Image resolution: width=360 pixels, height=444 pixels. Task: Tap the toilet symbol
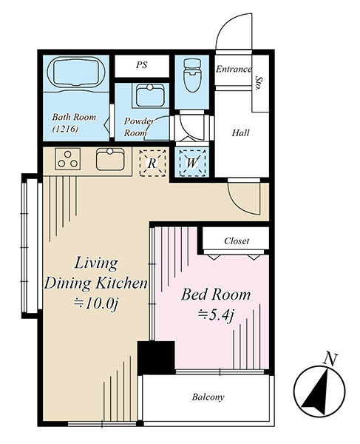tap(191, 75)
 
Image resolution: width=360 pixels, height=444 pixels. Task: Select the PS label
tap(142, 65)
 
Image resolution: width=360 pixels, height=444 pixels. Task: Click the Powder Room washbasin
tap(150, 95)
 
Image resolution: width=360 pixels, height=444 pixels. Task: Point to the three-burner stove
tap(67, 159)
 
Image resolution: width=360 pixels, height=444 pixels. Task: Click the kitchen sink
tap(110, 159)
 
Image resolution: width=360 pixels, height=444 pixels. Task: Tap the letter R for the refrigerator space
tap(152, 164)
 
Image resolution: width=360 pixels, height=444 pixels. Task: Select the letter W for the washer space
tap(192, 163)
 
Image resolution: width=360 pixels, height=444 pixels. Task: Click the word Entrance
tap(234, 69)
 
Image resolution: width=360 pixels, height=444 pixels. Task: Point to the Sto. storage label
tap(258, 83)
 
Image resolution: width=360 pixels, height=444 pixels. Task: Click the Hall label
tap(241, 132)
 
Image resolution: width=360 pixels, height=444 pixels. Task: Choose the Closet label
tap(237, 241)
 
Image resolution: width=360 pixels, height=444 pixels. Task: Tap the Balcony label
tap(208, 397)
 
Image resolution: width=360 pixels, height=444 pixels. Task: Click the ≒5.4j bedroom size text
tap(216, 314)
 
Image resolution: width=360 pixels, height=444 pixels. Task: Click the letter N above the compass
tap(330, 359)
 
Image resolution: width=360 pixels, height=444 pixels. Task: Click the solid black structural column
tap(156, 358)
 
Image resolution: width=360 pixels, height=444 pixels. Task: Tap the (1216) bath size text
tap(65, 129)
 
